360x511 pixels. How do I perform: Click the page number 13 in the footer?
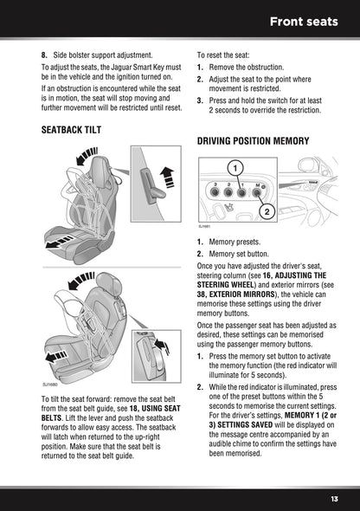pyautogui.click(x=333, y=498)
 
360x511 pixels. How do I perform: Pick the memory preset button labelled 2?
pyautogui.click(x=228, y=194)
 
